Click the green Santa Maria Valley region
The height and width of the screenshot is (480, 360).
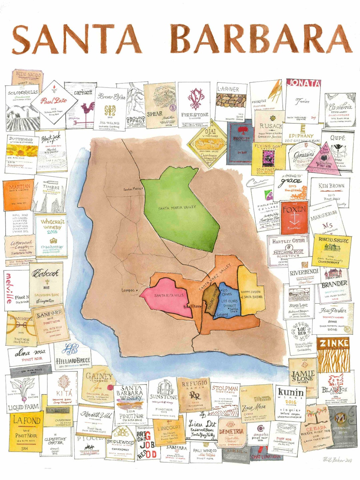coord(180,210)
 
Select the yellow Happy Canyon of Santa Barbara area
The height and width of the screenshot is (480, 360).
coord(251,293)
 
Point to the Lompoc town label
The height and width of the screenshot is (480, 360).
coord(128,290)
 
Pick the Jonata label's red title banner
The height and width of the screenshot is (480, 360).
coord(303,83)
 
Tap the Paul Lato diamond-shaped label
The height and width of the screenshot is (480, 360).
coord(54,101)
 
